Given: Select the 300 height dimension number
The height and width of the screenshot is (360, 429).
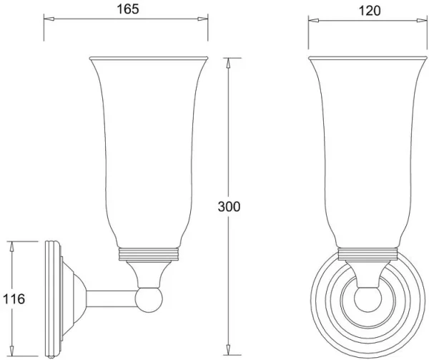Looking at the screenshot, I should pyautogui.click(x=229, y=206).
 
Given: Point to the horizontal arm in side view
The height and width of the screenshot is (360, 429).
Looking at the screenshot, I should pyautogui.click(x=111, y=296).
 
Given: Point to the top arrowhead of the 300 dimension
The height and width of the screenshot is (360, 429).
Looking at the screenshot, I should pyautogui.click(x=229, y=62).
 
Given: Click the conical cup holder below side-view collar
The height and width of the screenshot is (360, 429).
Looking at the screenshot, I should pyautogui.click(x=148, y=271).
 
